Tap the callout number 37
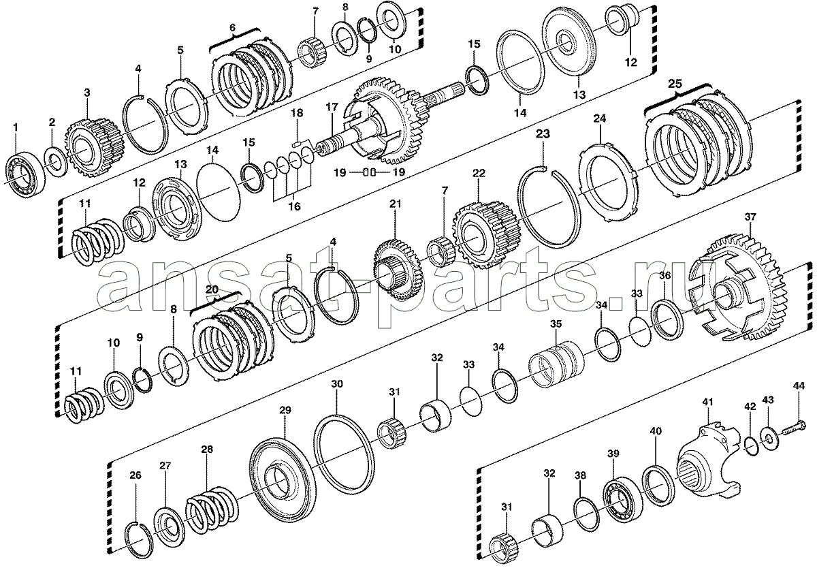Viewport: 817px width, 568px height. click(750, 217)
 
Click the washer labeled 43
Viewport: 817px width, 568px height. click(769, 440)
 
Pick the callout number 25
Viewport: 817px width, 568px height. click(675, 84)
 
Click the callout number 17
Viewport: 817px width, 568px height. click(332, 107)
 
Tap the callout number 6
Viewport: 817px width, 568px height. click(233, 28)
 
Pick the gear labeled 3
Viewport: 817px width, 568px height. click(95, 149)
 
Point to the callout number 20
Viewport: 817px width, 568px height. click(212, 289)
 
